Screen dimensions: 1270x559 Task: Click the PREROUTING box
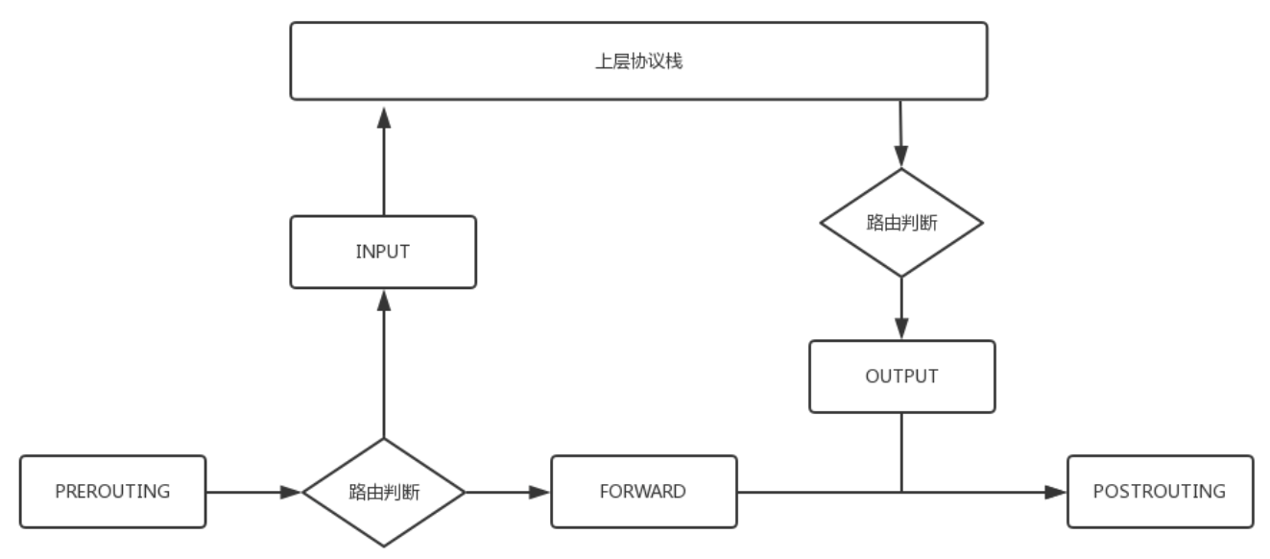[113, 492]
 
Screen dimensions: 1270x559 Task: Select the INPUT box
[383, 252]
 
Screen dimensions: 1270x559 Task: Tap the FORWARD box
[644, 492]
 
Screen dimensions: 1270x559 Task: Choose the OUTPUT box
[902, 377]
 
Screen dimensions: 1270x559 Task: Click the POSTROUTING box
[1161, 492]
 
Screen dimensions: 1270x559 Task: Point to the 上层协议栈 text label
[639, 61]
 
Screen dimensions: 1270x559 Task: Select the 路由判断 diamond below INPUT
[384, 492]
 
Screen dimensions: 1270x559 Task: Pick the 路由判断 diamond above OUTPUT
[901, 223]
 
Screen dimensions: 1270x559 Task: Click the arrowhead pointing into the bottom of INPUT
[384, 301]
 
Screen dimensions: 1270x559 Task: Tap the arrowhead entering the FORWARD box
[539, 492]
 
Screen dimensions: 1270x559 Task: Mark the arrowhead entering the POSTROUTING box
[1056, 492]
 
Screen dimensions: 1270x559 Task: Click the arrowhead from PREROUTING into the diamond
[291, 492]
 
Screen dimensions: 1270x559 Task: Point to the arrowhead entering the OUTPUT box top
[901, 328]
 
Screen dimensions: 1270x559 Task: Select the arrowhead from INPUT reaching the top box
[384, 117]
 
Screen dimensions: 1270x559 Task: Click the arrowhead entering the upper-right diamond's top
[901, 156]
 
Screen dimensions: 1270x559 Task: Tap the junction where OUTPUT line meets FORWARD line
[901, 492]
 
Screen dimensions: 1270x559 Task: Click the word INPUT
[383, 252]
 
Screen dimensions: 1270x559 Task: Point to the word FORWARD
[643, 492]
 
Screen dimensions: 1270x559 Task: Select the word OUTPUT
[901, 377]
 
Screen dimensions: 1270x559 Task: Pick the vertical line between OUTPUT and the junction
[901, 452]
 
